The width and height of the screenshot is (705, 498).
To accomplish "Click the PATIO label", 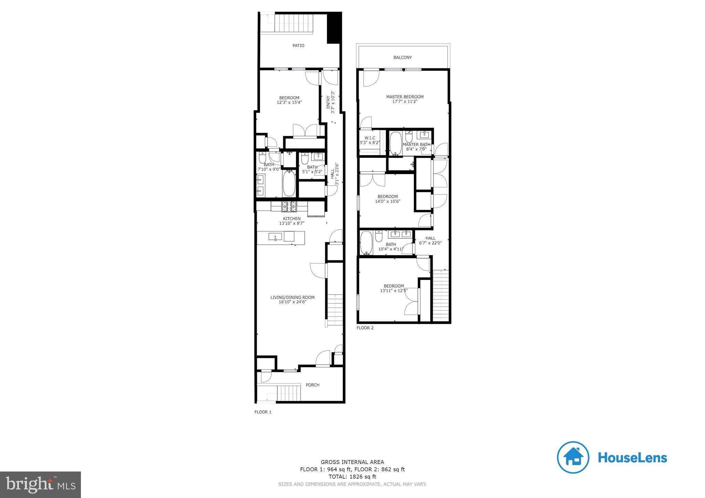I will tap(298, 45).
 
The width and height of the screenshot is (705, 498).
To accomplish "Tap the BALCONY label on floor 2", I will tap(402, 57).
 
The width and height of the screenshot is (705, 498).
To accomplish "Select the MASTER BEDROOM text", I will tap(404, 97).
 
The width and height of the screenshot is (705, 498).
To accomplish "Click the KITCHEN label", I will tap(292, 219).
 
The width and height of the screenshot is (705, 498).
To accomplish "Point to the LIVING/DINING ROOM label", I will tap(292, 297).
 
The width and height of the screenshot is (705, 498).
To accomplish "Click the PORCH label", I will tap(312, 385).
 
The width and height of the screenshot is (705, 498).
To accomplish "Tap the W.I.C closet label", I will tap(370, 138).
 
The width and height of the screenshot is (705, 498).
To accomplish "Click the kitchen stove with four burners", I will tap(289, 206).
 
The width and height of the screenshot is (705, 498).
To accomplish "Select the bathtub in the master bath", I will tap(396, 143).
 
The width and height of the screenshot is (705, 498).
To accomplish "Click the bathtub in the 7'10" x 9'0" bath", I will tap(288, 184).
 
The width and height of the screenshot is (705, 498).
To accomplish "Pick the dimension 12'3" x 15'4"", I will tap(289, 102).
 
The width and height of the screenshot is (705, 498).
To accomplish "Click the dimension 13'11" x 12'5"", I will tap(394, 291).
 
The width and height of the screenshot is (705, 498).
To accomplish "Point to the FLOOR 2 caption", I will tap(365, 328).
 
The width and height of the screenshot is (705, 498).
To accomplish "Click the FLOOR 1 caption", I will tap(263, 412).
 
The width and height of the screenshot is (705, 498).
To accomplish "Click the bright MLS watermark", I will tap(40, 485).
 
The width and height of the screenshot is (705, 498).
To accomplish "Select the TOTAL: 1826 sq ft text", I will tap(352, 477).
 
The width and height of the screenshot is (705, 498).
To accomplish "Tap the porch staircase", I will tap(286, 393).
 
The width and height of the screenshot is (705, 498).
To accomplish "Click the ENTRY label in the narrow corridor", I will tap(328, 102).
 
